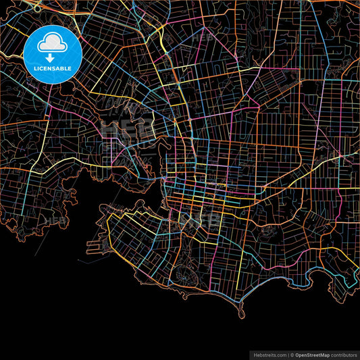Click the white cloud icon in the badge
[x=53, y=44]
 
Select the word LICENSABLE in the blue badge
[x=53, y=68]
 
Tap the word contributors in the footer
[x=344, y=354]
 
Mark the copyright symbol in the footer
[x=292, y=354]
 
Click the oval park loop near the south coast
[x=184, y=274]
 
